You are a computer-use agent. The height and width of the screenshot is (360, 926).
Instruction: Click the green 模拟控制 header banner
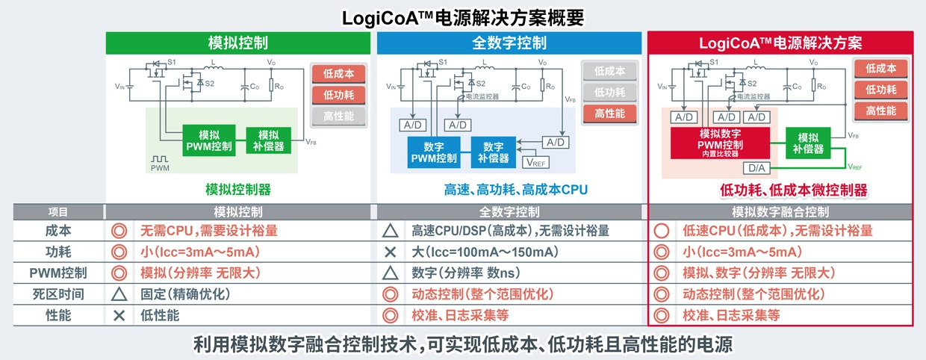(x=238, y=43)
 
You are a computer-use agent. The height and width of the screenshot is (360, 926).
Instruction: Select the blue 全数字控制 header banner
(x=509, y=43)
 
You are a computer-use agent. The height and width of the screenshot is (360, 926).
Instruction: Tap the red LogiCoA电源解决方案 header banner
(x=780, y=43)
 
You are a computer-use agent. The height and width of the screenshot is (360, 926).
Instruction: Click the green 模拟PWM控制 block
(x=210, y=140)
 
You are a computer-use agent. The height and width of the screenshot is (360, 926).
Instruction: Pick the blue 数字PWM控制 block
(x=434, y=152)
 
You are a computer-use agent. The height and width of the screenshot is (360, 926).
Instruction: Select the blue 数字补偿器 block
(x=494, y=152)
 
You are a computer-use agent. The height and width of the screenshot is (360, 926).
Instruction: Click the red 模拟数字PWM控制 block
(x=719, y=142)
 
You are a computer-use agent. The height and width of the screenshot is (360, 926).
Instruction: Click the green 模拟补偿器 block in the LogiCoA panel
(x=809, y=143)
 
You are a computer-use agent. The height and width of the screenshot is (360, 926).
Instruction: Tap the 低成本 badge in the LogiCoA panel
(x=881, y=69)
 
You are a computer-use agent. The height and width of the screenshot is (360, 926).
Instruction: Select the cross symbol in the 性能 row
(x=119, y=315)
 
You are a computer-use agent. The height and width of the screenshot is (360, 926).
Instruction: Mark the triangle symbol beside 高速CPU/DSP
(x=390, y=232)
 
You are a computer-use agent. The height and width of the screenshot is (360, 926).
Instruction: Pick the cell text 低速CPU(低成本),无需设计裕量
(x=777, y=232)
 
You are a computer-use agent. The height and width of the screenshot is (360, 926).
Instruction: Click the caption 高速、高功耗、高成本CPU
(x=516, y=190)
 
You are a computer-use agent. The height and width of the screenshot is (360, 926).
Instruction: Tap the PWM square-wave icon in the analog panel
(x=161, y=160)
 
